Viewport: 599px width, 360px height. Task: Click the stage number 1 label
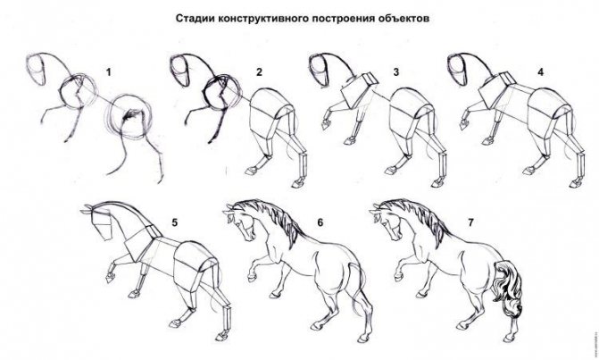[109, 71]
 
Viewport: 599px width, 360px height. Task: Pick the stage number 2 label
[260, 71]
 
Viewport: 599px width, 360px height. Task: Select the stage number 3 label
[396, 71]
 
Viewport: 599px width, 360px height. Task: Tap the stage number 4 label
[540, 71]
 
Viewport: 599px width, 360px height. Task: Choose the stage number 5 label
[175, 222]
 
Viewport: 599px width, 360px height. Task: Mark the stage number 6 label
[320, 222]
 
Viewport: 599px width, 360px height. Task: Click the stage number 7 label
[470, 222]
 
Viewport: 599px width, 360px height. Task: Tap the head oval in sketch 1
[36, 70]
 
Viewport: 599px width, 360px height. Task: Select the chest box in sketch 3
[358, 90]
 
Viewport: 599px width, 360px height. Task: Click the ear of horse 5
[87, 209]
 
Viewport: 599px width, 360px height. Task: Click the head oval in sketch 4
[457, 70]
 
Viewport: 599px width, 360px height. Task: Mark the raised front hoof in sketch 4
[465, 124]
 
